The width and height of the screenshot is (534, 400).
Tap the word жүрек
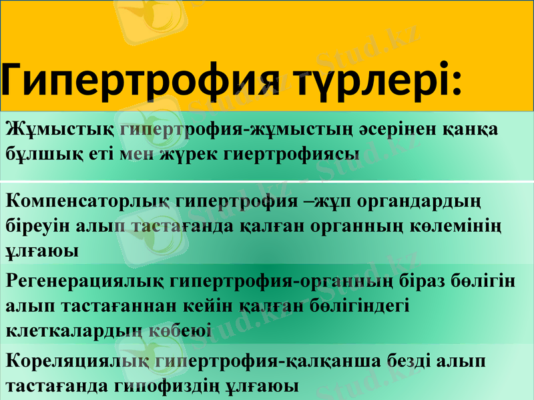coord(196,154)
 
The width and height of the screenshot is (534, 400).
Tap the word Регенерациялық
coord(85,281)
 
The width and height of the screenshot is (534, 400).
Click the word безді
coord(403,361)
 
